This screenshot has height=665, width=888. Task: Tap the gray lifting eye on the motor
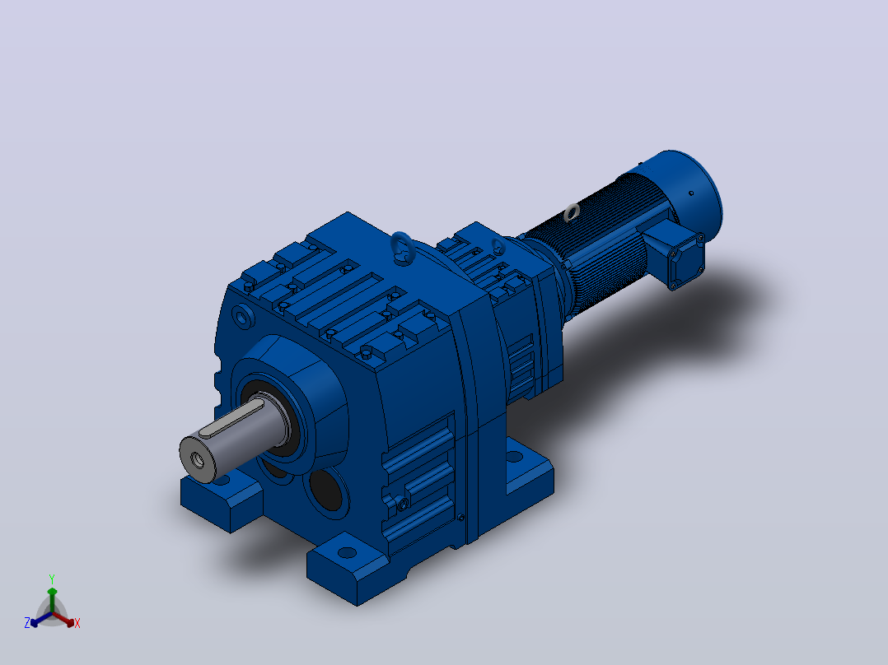(x=572, y=213)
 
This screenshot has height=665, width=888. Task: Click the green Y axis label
(x=52, y=579)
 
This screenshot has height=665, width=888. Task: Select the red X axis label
(x=77, y=623)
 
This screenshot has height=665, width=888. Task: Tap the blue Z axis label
(x=26, y=622)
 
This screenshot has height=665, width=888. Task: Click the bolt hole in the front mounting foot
(x=347, y=552)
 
